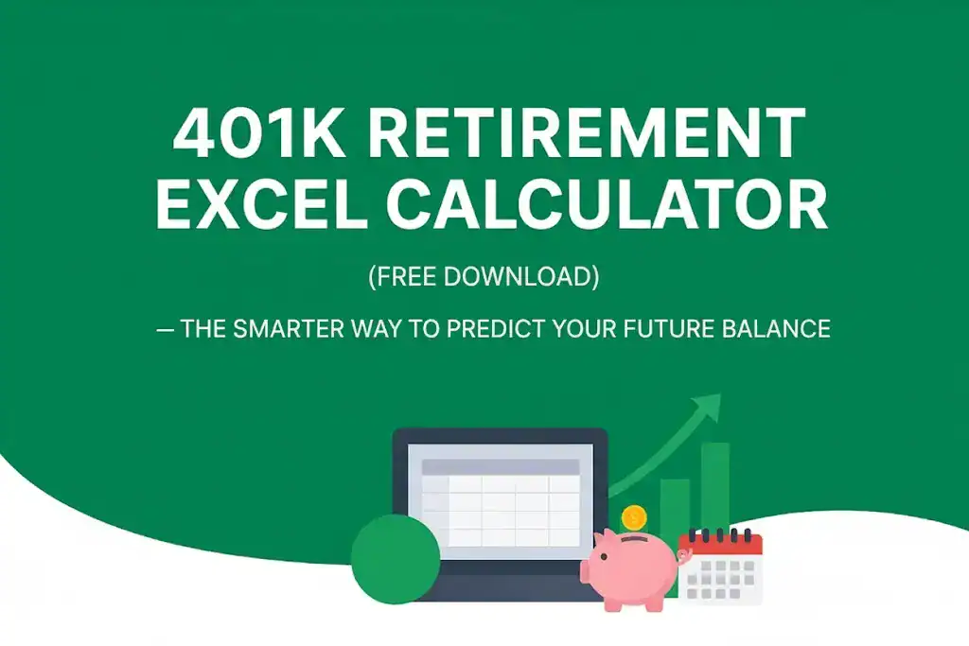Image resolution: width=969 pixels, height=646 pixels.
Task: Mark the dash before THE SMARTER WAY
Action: [x=166, y=329]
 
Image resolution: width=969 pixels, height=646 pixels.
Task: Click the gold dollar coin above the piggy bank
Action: [x=634, y=517]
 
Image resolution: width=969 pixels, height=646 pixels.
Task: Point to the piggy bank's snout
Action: [x=590, y=570]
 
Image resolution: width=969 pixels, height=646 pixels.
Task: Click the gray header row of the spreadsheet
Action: [x=500, y=467]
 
